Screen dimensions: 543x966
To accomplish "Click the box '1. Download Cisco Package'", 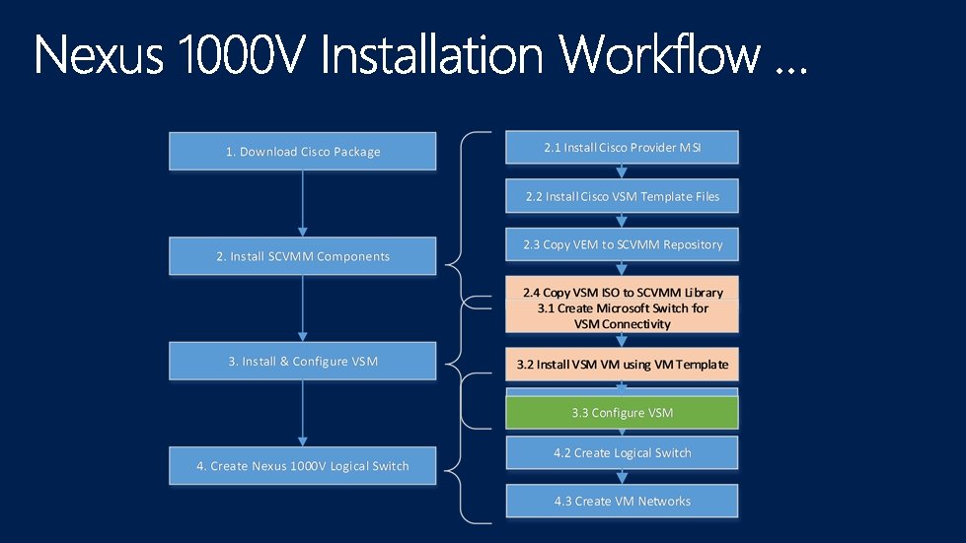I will (303, 152).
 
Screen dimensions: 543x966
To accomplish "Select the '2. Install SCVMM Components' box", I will (303, 256).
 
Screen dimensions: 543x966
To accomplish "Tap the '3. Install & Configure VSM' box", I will (303, 362).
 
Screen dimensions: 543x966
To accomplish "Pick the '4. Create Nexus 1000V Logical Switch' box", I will (303, 466).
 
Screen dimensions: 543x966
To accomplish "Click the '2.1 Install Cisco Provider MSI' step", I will (622, 148).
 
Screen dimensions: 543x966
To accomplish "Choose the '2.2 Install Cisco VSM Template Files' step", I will (622, 196).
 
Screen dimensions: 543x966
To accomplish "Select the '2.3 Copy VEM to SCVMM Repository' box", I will (622, 244).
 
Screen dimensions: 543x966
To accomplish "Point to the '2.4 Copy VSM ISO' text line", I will (623, 292).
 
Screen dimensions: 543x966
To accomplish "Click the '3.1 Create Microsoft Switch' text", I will (623, 308).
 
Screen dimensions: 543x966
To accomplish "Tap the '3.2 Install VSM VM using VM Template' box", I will (622, 365).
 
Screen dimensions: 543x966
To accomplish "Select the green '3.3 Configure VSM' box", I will (622, 413).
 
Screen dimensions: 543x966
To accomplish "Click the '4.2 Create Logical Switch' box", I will (622, 453).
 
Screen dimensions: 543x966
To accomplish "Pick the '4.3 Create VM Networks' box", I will (622, 501).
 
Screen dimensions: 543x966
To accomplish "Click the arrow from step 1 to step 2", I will (303, 203).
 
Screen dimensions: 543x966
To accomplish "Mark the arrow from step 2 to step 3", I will (303, 307).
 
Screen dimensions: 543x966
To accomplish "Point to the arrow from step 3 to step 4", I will (303, 413).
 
